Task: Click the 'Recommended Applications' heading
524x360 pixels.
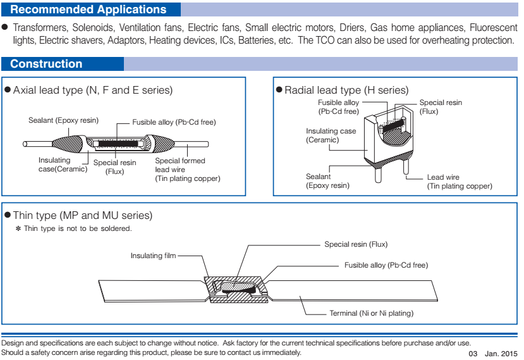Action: tap(88, 9)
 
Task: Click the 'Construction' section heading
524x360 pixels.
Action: tap(46, 64)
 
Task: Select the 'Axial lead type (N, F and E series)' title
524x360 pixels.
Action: tap(92, 90)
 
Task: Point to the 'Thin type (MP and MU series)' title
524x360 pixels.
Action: tap(82, 216)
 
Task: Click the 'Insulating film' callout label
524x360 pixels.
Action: tap(154, 256)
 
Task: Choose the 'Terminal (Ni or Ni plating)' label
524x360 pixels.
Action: tap(371, 313)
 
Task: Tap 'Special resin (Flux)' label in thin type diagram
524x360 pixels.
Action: tap(356, 244)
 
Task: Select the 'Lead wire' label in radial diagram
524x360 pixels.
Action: tap(443, 178)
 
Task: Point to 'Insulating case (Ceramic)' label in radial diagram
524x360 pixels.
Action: tap(331, 135)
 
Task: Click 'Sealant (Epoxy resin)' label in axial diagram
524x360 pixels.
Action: tap(63, 120)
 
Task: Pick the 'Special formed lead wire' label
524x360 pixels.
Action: tap(180, 165)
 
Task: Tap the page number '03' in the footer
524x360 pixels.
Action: tap(473, 352)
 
